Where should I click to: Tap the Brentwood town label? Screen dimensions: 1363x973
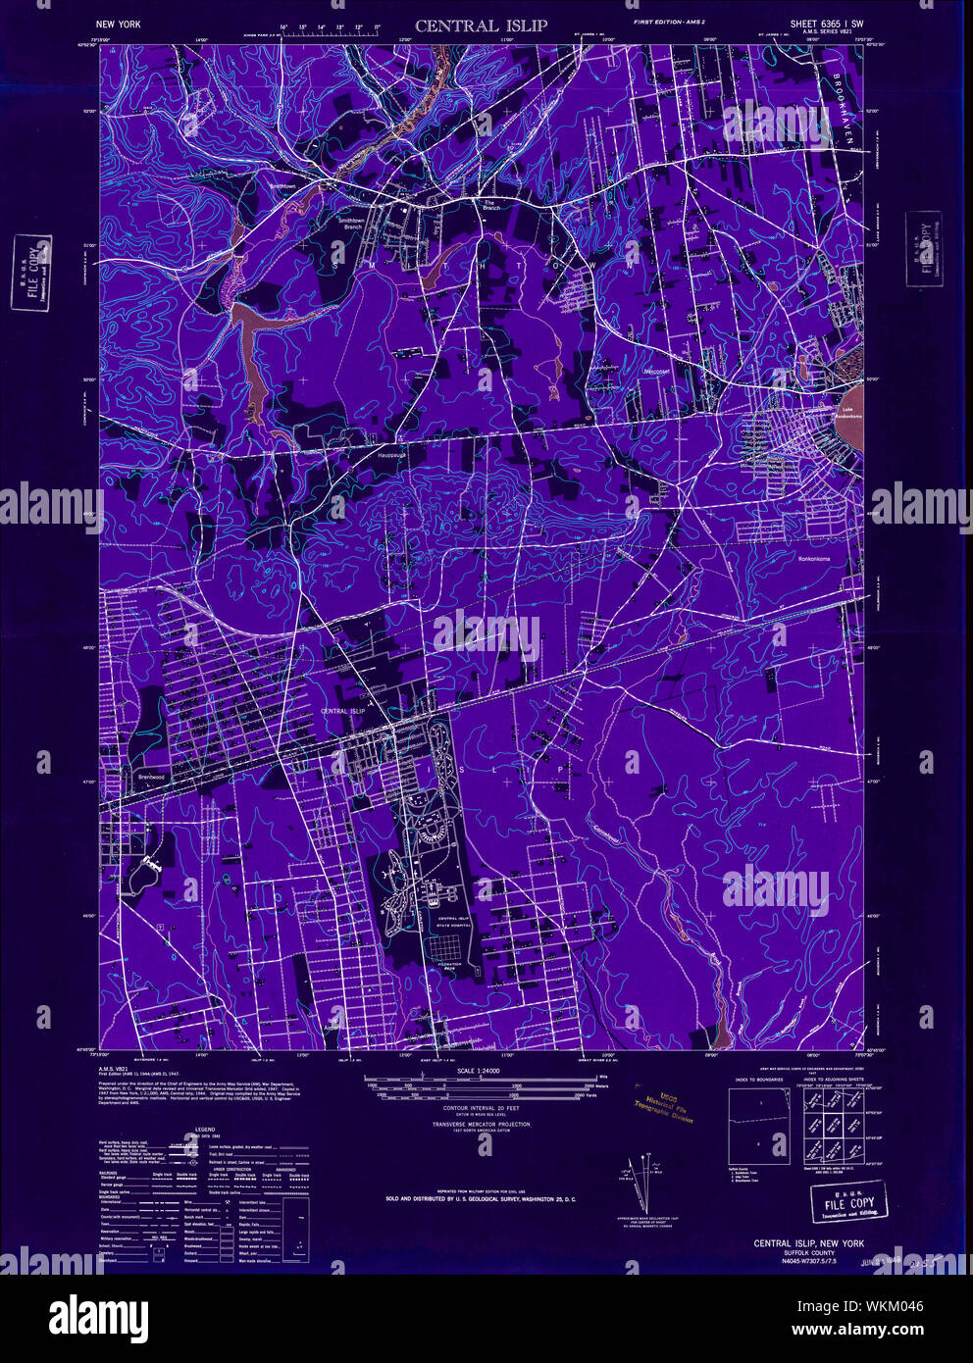tap(150, 777)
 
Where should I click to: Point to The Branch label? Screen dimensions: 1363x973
tap(490, 205)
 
